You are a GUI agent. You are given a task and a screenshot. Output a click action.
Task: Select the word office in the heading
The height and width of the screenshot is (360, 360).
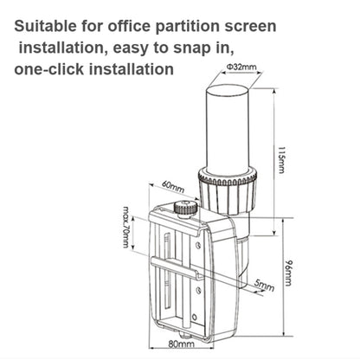[145, 27]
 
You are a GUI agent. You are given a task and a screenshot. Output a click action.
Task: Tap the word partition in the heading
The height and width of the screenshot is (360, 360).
[204, 27]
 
